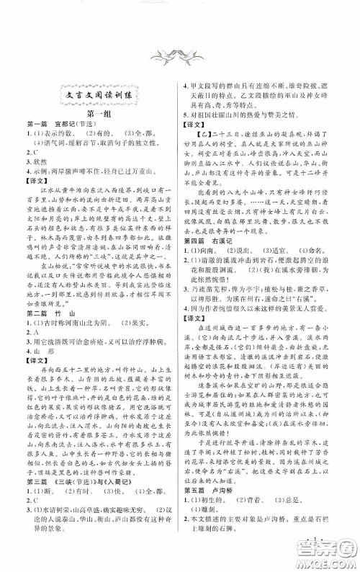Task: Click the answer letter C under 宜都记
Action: coord(32,154)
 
